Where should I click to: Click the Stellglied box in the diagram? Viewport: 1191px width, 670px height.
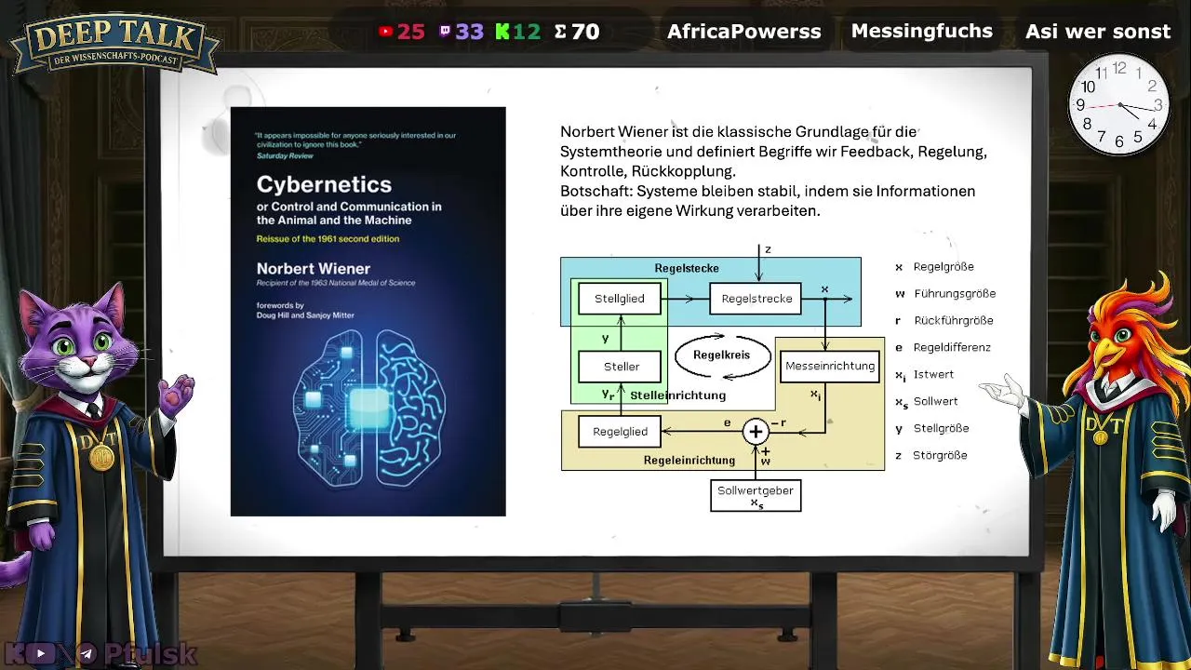(619, 299)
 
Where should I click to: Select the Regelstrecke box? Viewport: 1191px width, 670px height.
(756, 299)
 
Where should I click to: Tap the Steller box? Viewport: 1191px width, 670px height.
(621, 367)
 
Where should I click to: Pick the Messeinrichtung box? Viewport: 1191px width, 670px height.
(829, 366)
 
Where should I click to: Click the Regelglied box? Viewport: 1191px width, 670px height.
(620, 432)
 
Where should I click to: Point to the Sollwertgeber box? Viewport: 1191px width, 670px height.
(756, 495)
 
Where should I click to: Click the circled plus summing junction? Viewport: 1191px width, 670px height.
(756, 432)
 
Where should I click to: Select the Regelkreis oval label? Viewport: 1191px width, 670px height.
(723, 355)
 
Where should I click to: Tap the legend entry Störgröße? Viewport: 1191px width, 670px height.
(940, 455)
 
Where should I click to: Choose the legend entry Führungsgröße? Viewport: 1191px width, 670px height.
(954, 293)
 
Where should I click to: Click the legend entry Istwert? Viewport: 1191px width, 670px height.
(934, 374)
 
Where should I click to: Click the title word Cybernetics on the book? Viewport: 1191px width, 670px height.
(324, 184)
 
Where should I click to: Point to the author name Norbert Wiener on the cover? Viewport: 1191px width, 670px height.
(314, 269)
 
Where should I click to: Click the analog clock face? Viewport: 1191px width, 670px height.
(1119, 104)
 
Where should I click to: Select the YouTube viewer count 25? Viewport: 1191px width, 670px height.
(410, 32)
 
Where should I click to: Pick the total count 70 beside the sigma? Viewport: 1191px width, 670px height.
(585, 32)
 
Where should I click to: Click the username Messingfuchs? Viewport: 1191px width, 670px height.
(921, 31)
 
